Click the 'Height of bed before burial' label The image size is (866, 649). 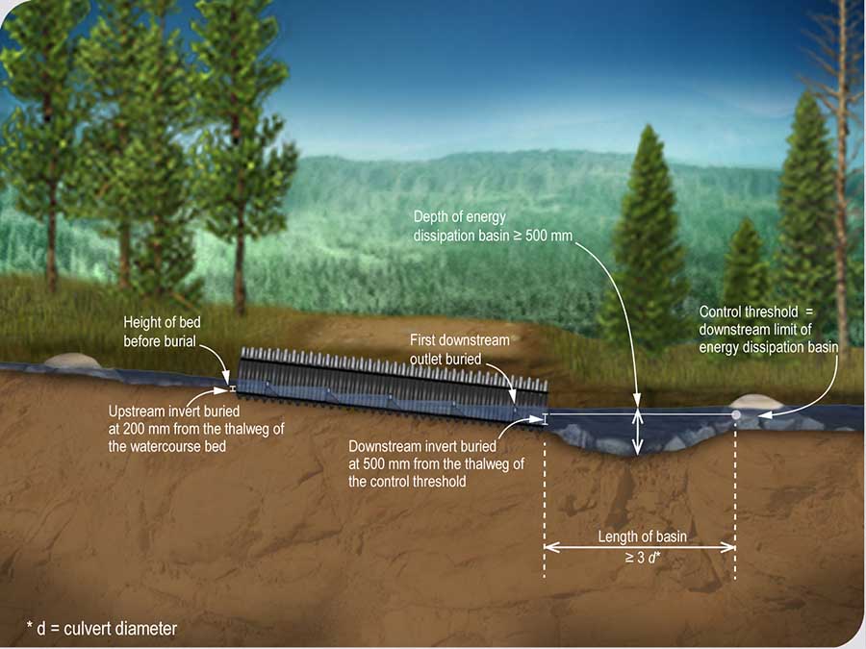click(161, 332)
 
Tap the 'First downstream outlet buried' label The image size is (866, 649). click(459, 349)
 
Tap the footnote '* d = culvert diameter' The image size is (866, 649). click(102, 629)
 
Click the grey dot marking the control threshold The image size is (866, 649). click(736, 414)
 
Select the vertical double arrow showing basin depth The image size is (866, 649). click(636, 431)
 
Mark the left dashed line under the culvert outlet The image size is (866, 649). click(545, 510)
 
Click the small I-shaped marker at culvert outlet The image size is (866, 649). click(546, 418)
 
